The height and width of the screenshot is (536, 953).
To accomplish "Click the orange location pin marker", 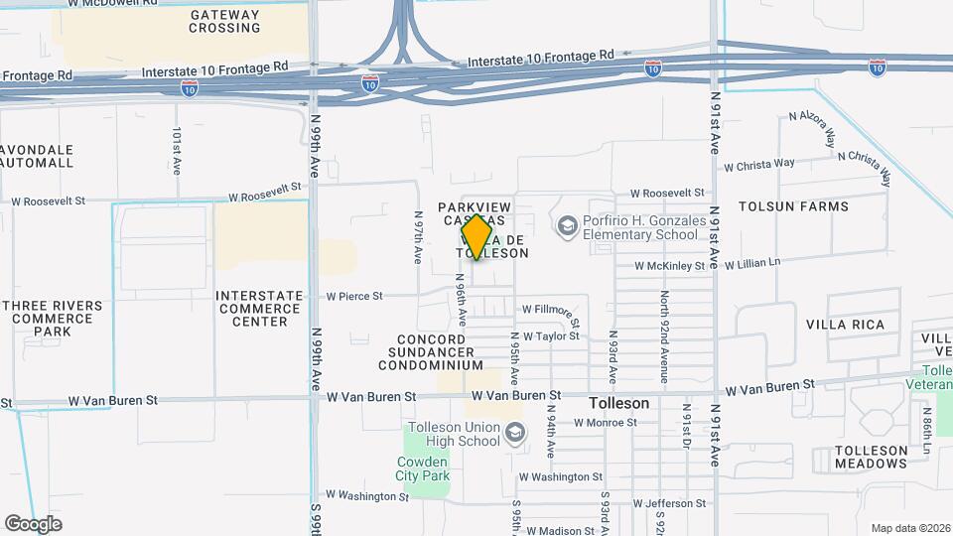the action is click(477, 237).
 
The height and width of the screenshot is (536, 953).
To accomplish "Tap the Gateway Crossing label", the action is click(224, 21).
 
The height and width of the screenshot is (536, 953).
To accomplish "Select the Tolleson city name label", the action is click(618, 404).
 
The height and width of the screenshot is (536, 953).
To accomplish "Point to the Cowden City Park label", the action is click(423, 469).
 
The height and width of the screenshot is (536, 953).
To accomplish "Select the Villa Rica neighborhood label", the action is click(845, 325).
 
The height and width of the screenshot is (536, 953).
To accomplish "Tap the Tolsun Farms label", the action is click(793, 206).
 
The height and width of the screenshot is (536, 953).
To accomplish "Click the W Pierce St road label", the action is click(354, 296).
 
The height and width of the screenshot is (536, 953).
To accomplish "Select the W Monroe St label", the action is click(606, 422).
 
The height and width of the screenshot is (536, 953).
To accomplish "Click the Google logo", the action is click(33, 524).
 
